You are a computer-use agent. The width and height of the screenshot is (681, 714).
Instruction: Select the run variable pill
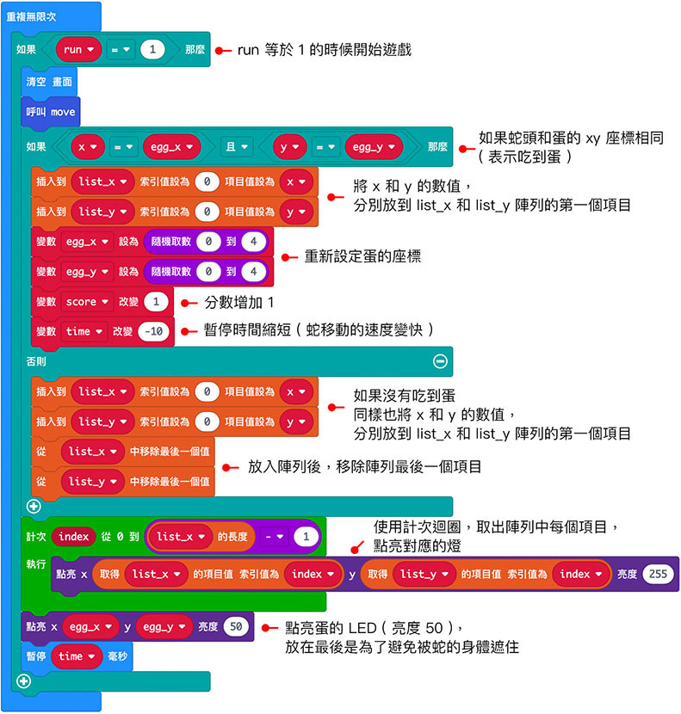[x=78, y=50]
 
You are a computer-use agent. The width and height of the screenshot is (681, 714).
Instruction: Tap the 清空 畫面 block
[x=51, y=82]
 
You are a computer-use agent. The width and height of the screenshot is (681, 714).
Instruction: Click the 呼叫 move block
[x=51, y=112]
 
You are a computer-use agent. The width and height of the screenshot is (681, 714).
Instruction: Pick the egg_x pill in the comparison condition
[x=171, y=147]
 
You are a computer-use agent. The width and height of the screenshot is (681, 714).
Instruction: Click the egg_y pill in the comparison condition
[x=373, y=147]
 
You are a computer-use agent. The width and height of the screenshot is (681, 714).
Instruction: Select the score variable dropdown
[x=88, y=301]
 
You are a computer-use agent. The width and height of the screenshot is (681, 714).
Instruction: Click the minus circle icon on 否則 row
[x=440, y=361]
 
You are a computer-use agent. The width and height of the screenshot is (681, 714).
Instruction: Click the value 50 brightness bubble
[x=235, y=627]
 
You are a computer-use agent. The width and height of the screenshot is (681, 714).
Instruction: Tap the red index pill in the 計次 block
[x=73, y=537]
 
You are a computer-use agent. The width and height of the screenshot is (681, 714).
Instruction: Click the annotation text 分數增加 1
[x=239, y=302]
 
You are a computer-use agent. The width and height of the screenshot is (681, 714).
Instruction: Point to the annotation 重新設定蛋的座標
[x=362, y=256]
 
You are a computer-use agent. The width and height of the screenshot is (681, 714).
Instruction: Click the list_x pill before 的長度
[x=180, y=537]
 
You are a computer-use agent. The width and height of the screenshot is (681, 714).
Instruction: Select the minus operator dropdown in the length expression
[x=273, y=537]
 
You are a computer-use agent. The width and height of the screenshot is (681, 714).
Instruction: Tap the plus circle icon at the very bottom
[x=23, y=681]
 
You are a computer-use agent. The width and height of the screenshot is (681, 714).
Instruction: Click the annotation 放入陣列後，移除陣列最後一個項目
[x=364, y=466]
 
